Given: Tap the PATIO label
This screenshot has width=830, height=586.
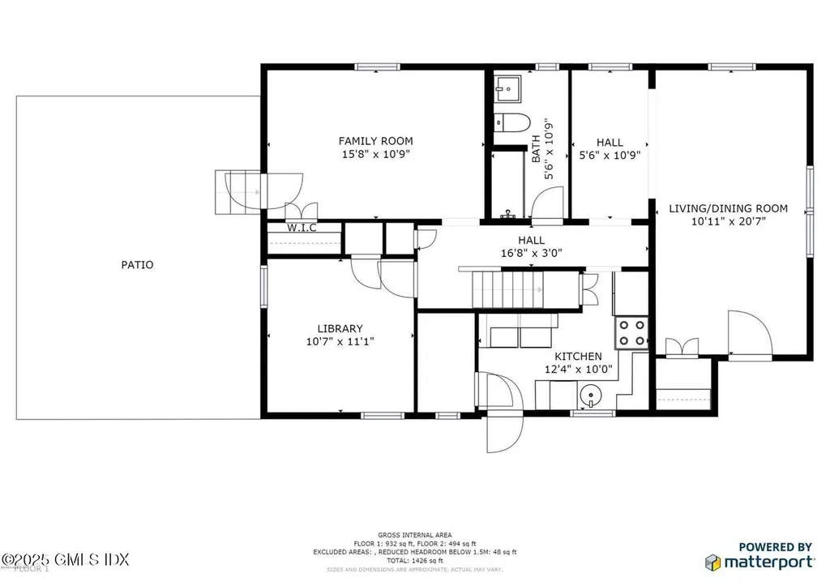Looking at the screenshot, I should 137,264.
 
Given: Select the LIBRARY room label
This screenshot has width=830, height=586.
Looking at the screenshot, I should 340,328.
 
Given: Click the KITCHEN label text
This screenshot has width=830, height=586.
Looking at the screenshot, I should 577,357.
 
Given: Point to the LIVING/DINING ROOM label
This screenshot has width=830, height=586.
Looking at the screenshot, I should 728,208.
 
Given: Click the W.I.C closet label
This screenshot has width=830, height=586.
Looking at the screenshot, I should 302,228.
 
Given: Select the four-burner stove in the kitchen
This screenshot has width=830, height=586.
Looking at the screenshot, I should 632,333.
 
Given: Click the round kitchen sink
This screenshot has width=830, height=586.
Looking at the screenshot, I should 590,397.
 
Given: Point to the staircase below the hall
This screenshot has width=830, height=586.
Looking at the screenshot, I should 507,289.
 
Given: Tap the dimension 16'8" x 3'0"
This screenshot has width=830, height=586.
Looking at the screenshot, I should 531,252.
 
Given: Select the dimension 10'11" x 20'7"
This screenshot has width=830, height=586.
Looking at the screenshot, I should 728,220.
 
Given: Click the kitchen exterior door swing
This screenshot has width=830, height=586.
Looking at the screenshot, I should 503,413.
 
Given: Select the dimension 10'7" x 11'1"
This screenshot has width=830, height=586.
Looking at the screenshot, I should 340,341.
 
